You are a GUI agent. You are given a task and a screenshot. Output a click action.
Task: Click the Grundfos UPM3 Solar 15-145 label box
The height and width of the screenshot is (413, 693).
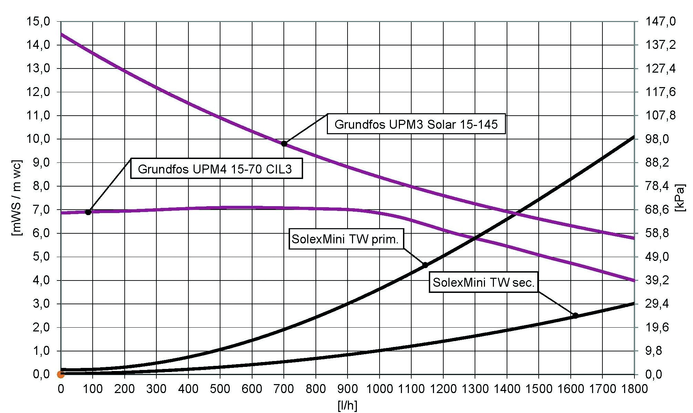(416, 124)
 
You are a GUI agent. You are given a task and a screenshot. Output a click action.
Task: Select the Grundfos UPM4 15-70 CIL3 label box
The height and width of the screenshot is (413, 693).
(216, 169)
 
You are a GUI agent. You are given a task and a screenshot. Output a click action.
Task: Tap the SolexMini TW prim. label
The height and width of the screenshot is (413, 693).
(345, 239)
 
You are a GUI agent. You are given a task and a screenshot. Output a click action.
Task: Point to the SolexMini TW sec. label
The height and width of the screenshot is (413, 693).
(484, 282)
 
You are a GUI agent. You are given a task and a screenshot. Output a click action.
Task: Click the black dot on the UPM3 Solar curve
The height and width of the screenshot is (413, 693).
(284, 144)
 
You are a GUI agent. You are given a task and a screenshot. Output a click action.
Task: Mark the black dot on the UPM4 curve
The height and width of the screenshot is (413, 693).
(88, 212)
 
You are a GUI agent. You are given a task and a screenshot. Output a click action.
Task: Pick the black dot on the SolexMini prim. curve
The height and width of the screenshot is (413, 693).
(425, 265)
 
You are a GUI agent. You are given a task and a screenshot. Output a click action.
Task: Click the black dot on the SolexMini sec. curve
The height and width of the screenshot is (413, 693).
(575, 315)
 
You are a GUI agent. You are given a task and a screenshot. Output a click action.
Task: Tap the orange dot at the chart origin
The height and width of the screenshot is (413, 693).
(61, 374)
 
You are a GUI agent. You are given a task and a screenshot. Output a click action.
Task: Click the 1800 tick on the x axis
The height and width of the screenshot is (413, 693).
(634, 389)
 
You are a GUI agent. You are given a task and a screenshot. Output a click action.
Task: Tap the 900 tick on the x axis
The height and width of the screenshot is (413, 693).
(348, 389)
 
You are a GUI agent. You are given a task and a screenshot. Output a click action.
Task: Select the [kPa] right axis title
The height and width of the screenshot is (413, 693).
(680, 198)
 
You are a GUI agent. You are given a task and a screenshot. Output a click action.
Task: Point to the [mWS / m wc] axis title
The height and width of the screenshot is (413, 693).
(17, 198)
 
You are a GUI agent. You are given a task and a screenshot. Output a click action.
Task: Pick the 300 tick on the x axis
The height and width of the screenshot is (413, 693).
(156, 389)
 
